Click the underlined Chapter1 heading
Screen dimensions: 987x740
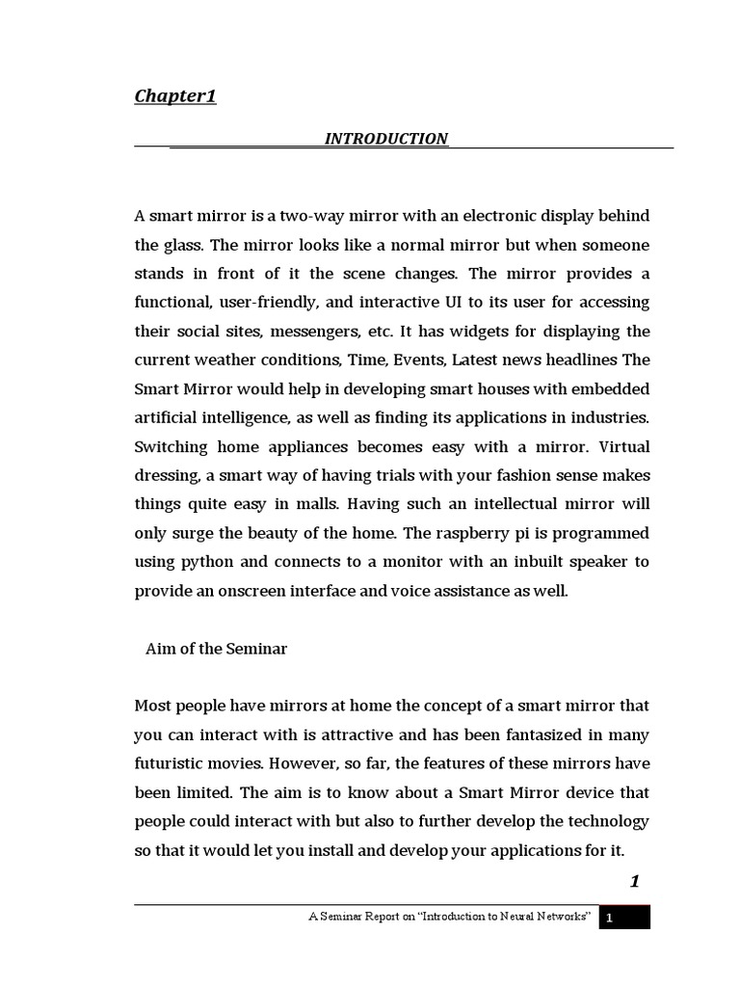pos(174,95)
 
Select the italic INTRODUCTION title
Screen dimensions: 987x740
pos(385,139)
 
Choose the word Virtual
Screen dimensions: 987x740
pos(624,447)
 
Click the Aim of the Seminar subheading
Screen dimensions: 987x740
pos(216,649)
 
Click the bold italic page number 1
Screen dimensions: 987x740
pos(635,881)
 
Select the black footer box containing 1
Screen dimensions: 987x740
pos(624,919)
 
